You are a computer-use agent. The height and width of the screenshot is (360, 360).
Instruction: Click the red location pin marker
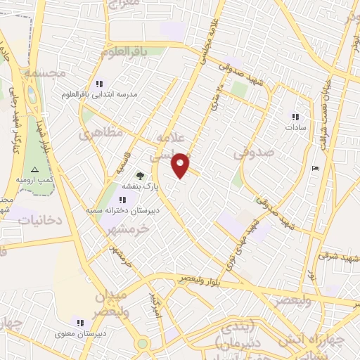181,165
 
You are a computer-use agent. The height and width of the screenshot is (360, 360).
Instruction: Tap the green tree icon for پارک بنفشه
139,176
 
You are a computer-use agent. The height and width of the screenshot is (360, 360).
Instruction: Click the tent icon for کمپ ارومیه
34,170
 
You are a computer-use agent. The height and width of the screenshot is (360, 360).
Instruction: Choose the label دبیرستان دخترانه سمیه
133,210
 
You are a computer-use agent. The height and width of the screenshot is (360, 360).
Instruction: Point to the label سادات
294,128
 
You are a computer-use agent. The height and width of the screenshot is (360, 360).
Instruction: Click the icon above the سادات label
295,117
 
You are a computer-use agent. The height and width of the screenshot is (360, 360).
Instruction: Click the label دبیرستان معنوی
81,333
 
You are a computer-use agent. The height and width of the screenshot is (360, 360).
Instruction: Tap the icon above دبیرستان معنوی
82,321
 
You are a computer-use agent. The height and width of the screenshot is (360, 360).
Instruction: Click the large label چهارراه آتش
310,340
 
